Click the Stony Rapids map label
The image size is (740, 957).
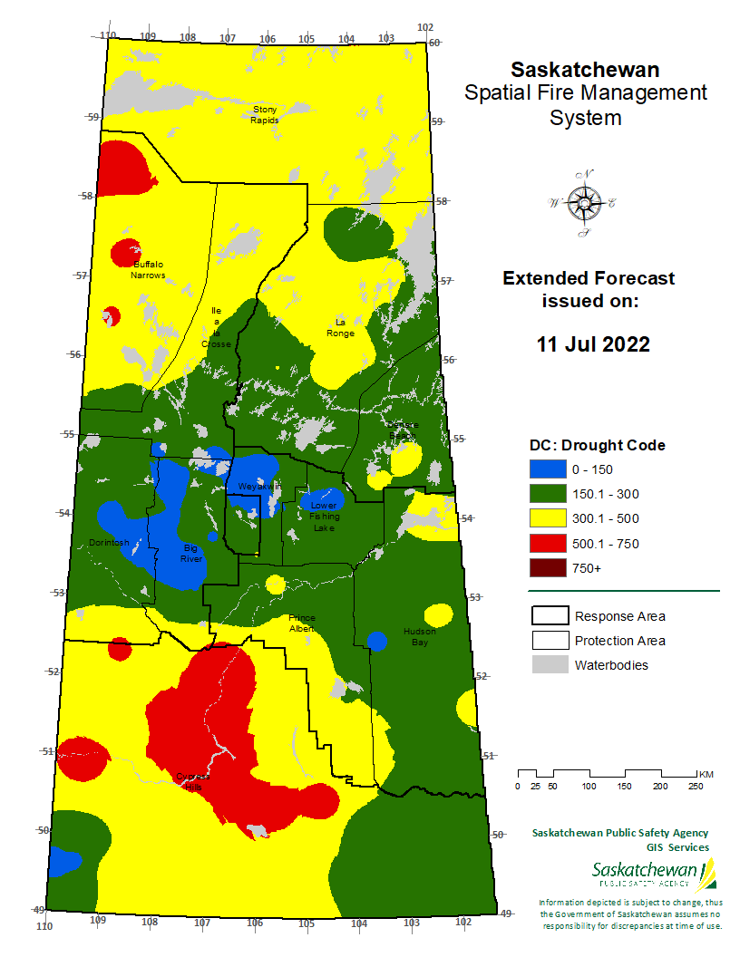pyautogui.click(x=265, y=115)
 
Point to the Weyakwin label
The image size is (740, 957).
pyautogui.click(x=260, y=487)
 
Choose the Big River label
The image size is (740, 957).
pyautogui.click(x=191, y=554)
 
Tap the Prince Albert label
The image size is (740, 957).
pyautogui.click(x=302, y=623)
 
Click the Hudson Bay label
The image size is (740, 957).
pyautogui.click(x=419, y=636)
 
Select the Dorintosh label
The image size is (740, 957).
pyautogui.click(x=109, y=543)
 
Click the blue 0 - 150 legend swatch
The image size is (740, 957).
pyautogui.click(x=547, y=469)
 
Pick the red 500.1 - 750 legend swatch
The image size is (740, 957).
pyautogui.click(x=547, y=544)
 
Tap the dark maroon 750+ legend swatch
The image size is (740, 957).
pyautogui.click(x=547, y=568)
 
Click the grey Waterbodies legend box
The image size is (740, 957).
pyautogui.click(x=548, y=665)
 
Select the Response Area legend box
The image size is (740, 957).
pyautogui.click(x=548, y=616)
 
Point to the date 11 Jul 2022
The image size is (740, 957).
pyautogui.click(x=593, y=344)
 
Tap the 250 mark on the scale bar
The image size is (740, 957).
pyautogui.click(x=695, y=786)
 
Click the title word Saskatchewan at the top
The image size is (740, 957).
pyautogui.click(x=585, y=70)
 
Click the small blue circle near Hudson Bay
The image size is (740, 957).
pyautogui.click(x=377, y=642)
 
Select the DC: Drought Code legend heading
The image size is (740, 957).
pyautogui.click(x=597, y=445)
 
